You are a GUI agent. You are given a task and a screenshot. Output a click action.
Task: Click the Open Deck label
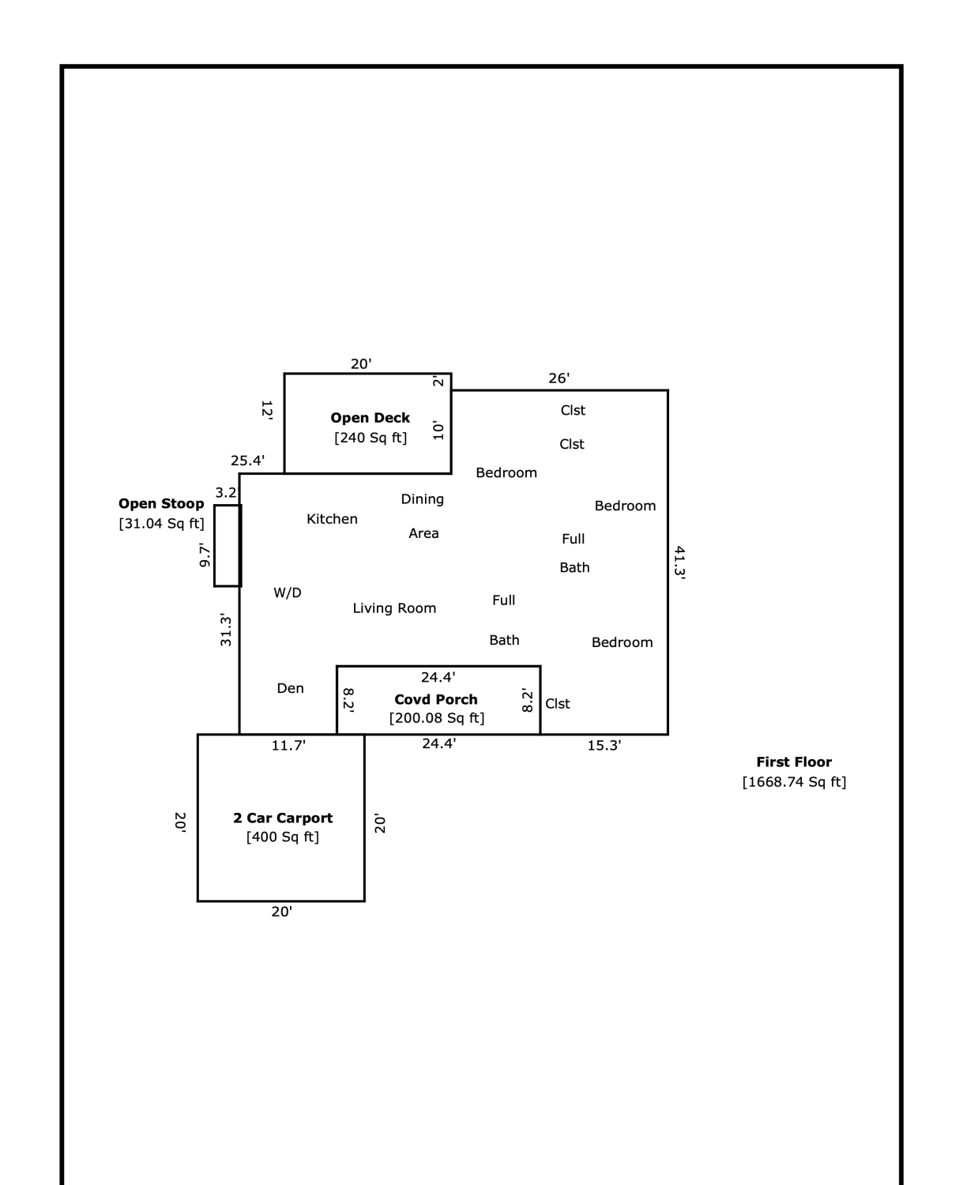pyautogui.click(x=370, y=418)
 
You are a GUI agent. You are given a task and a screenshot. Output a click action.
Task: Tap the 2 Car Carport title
pyautogui.click(x=283, y=818)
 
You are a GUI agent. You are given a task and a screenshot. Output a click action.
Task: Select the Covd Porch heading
pyautogui.click(x=436, y=699)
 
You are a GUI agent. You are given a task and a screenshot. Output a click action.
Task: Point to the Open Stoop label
pyautogui.click(x=161, y=503)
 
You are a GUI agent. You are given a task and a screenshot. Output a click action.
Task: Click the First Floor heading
pyautogui.click(x=794, y=762)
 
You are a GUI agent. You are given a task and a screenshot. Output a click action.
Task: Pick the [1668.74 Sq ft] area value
pyautogui.click(x=795, y=781)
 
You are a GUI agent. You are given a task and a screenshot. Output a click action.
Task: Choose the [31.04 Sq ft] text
pyautogui.click(x=162, y=524)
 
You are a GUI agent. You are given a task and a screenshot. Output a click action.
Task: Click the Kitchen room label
pyautogui.click(x=332, y=519)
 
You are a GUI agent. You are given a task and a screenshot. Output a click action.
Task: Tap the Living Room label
pyautogui.click(x=394, y=608)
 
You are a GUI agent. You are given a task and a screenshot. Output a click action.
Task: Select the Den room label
pyautogui.click(x=291, y=688)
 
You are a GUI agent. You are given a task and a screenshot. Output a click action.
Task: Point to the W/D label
pyautogui.click(x=288, y=592)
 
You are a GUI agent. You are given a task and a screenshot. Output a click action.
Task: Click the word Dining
pyautogui.click(x=423, y=499)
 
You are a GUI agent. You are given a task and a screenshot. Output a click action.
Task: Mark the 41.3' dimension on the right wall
pyautogui.click(x=679, y=562)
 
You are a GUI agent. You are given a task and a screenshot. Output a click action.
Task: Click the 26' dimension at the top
pyautogui.click(x=559, y=378)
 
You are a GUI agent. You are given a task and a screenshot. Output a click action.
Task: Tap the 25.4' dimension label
pyautogui.click(x=247, y=461)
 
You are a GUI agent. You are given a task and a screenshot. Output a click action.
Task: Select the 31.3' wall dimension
pyautogui.click(x=226, y=629)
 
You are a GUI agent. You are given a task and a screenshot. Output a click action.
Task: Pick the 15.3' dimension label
pyautogui.click(x=604, y=746)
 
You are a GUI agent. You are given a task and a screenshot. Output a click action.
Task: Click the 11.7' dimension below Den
pyautogui.click(x=288, y=746)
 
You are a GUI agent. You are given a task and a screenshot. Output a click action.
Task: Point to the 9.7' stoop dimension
pyautogui.click(x=205, y=555)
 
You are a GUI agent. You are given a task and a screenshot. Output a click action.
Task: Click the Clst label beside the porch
pyautogui.click(x=558, y=704)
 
